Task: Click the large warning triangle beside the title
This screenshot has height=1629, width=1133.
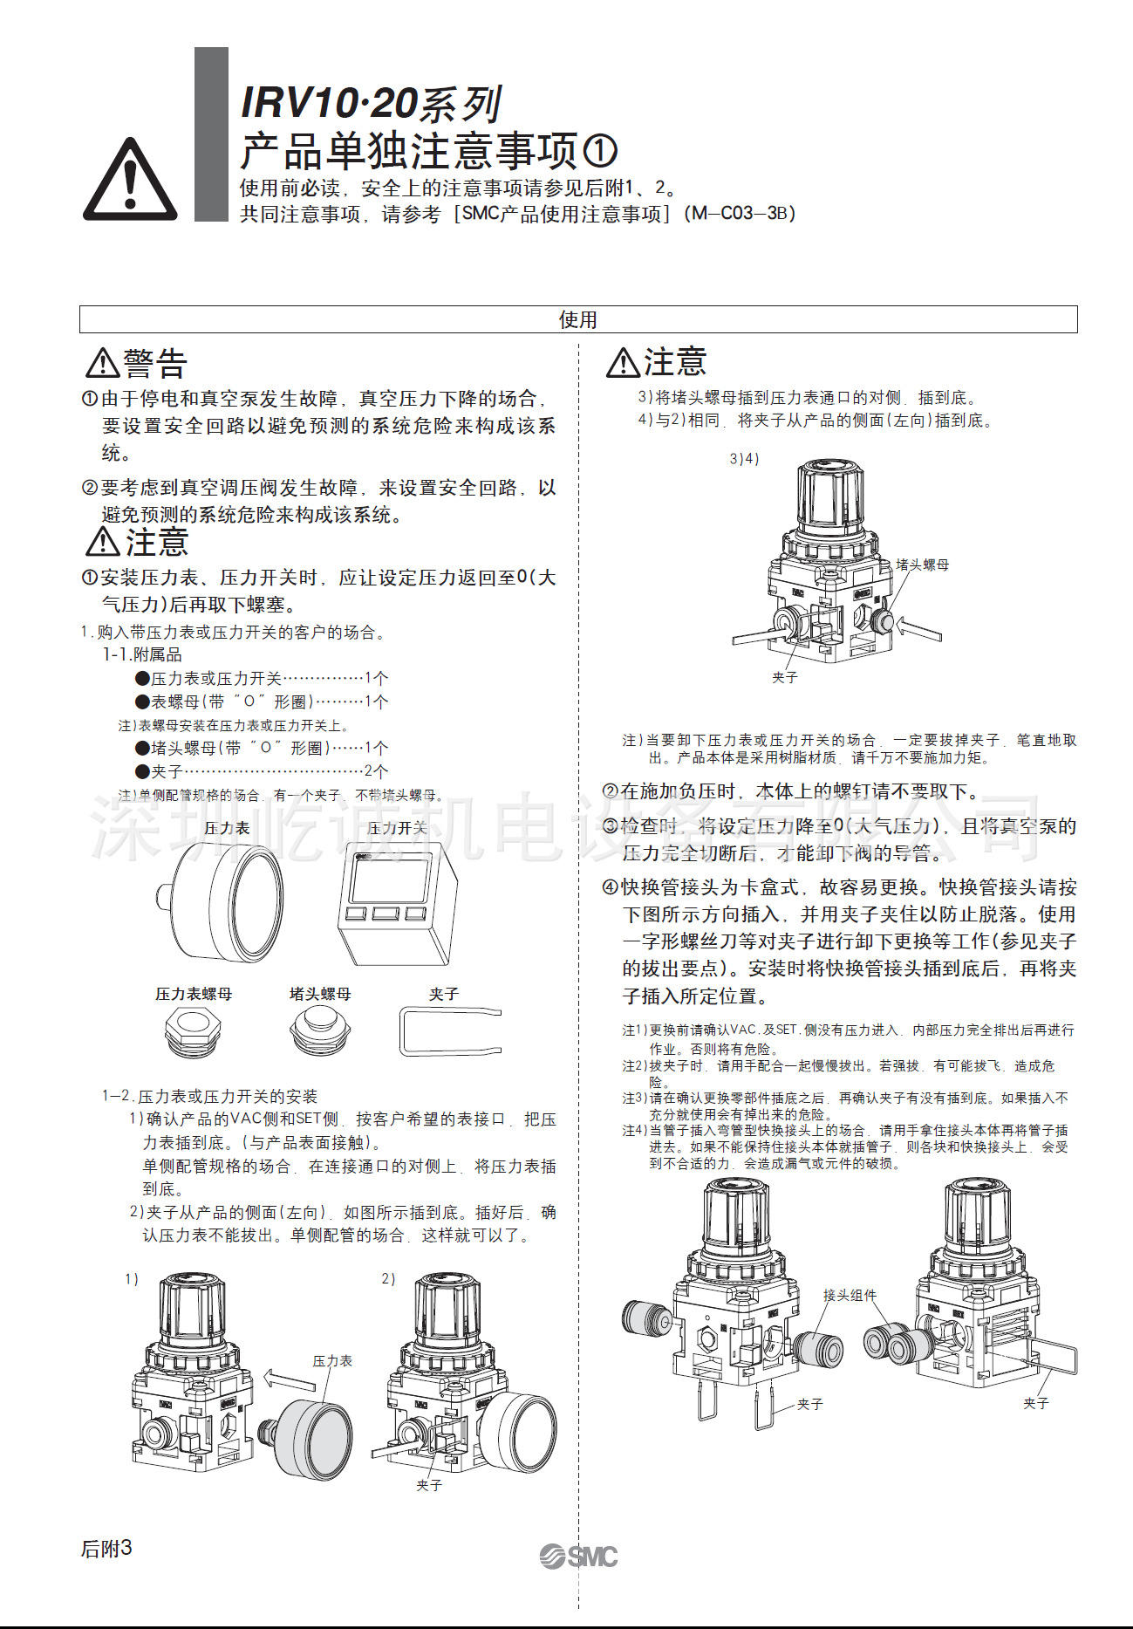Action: [130, 181]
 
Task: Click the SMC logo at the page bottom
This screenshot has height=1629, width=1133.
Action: [578, 1556]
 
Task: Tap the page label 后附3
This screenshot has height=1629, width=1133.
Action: [106, 1548]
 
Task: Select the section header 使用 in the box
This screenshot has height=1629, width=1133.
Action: [577, 319]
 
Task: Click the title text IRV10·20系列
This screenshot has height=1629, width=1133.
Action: [371, 103]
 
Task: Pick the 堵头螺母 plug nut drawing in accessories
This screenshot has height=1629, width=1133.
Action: [320, 1030]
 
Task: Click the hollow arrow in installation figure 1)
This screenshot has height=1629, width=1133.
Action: [289, 1379]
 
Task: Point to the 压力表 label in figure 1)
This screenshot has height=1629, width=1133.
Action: [332, 1360]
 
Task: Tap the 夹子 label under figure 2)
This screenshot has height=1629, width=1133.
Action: [429, 1484]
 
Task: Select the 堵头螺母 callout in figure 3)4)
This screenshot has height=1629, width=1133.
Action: [922, 565]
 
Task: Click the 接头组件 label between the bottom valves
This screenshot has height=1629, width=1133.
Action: [850, 1295]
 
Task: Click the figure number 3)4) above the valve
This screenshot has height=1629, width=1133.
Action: [744, 458]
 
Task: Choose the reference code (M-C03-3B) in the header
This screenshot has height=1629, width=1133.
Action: [741, 213]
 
